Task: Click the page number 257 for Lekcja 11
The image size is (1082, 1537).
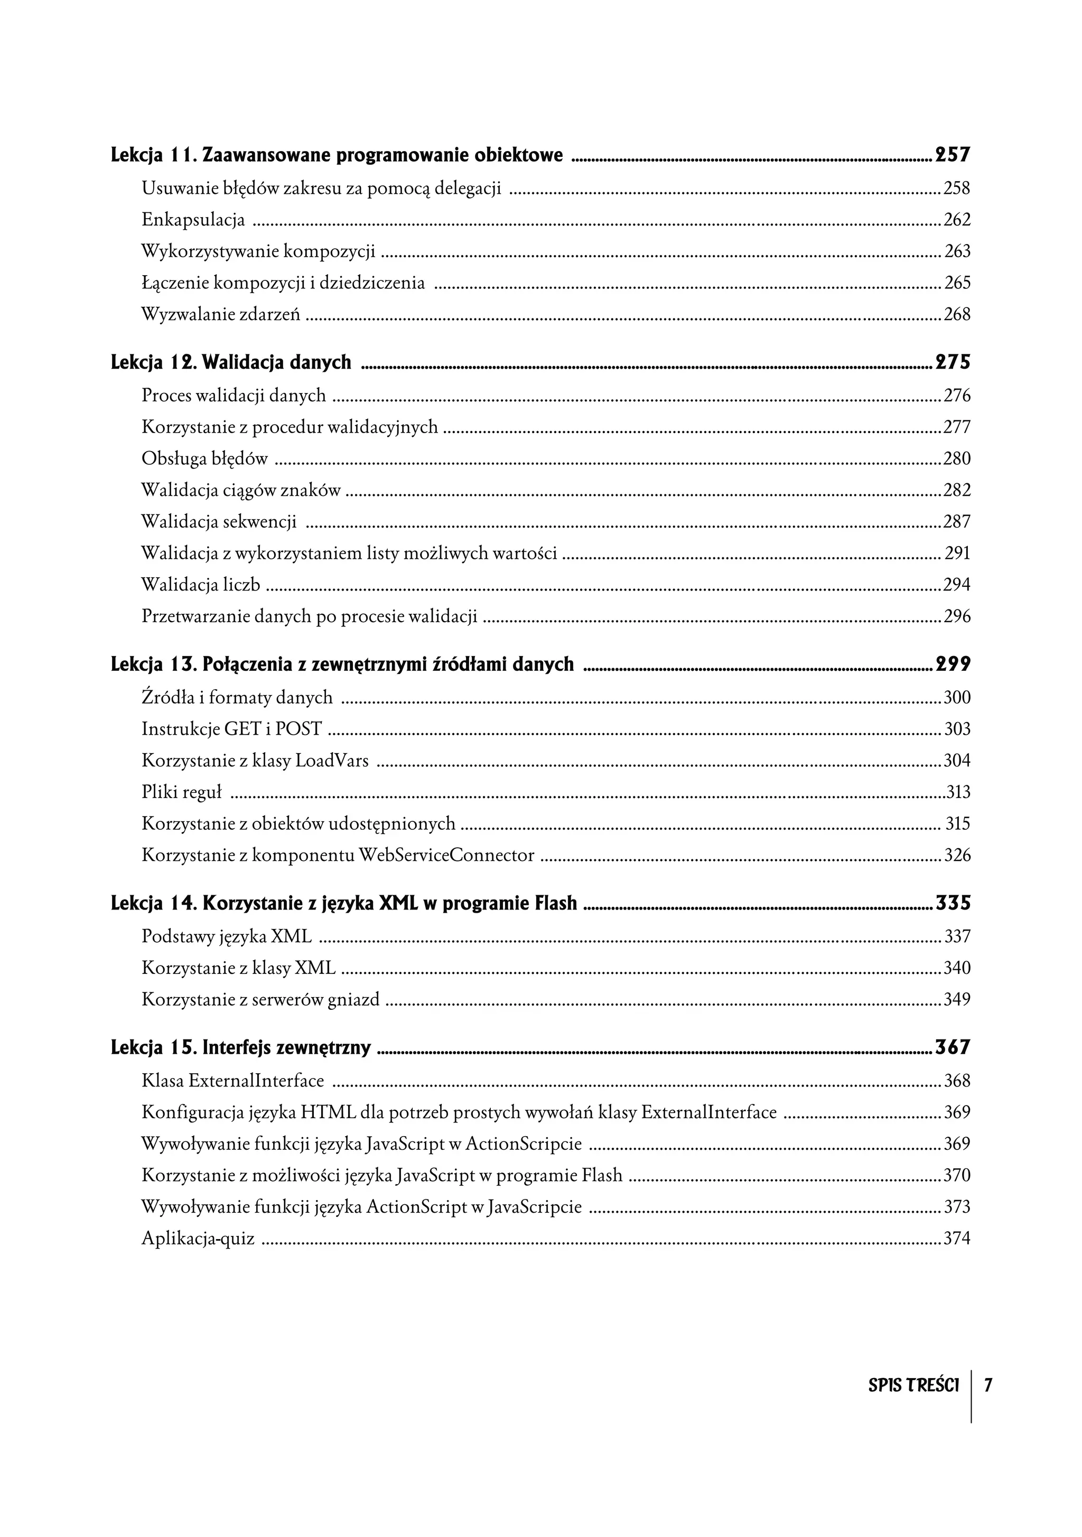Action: tap(952, 155)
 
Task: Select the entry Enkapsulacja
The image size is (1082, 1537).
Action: tap(193, 220)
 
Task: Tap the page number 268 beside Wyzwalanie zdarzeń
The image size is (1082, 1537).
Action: tap(957, 314)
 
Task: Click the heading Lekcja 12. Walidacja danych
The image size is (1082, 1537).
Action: tap(231, 362)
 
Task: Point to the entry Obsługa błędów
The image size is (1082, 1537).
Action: tap(204, 458)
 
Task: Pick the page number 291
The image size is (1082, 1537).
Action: tap(957, 553)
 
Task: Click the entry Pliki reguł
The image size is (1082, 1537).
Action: tap(181, 792)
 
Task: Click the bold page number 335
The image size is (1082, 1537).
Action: tap(952, 903)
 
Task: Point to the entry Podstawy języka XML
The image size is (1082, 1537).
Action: tap(226, 936)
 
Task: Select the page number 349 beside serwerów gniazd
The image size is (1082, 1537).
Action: tap(957, 999)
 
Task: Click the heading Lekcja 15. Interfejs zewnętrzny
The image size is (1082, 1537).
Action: tap(240, 1047)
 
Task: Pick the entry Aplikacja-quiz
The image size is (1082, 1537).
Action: tap(198, 1238)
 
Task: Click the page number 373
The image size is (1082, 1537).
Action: tap(957, 1206)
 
